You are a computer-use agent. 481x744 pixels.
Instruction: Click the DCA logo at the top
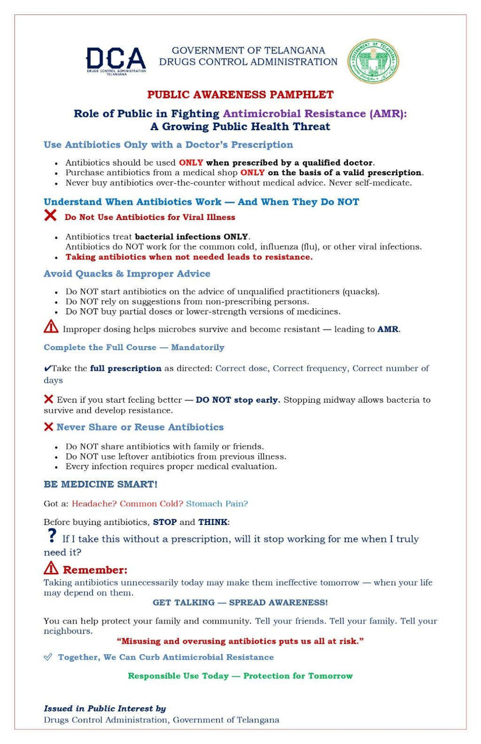pos(116,61)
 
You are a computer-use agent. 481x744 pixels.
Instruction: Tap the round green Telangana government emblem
pos(373,61)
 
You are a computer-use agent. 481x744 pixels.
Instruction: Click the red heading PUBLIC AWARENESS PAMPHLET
pos(240,94)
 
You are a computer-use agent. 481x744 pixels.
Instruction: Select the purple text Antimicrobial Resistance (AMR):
pos(315,114)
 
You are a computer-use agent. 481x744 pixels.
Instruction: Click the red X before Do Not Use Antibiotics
pos(50,216)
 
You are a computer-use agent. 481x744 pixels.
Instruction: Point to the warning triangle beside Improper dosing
pos(51,327)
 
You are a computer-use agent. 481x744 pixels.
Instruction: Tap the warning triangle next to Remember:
pos(51,568)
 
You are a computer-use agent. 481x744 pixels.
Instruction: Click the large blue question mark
pos(52,535)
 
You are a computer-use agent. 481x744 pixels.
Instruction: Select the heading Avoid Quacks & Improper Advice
pos(127,274)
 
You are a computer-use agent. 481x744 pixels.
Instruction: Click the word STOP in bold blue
pos(164,522)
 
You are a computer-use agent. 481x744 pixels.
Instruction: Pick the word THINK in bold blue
pos(213,522)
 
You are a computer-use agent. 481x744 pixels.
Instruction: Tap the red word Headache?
pos(94,504)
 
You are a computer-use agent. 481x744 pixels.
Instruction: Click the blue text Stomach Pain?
pos(217,504)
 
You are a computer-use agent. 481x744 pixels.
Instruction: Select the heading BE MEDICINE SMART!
pos(101,484)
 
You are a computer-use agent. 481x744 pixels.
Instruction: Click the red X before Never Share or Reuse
pos(48,427)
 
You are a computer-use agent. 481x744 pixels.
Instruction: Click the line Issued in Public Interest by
pos(105,708)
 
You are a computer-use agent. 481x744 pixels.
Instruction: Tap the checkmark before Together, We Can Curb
pos(48,657)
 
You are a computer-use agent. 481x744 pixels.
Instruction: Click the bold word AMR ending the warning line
pos(388,329)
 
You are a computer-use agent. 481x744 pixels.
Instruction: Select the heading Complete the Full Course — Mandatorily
pos(134,347)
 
